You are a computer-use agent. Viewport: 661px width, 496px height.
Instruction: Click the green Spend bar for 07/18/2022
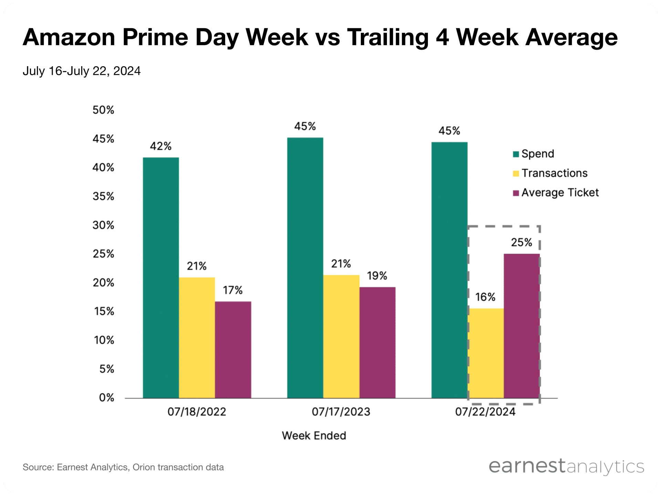[161, 278]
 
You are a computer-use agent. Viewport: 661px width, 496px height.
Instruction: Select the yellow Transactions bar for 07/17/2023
[341, 337]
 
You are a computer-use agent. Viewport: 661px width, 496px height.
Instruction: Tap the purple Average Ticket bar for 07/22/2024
[522, 326]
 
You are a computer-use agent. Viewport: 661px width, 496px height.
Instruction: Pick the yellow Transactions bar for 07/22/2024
[485, 353]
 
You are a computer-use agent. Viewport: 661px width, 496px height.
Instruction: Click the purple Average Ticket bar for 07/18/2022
[233, 350]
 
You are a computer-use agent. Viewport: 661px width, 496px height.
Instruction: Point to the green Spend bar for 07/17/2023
[305, 268]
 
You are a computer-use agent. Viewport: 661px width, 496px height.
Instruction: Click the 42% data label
[160, 146]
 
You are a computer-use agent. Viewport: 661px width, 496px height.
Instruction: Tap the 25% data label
[521, 242]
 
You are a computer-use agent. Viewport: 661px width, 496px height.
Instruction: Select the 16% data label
[485, 297]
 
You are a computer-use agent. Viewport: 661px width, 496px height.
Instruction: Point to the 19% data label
[377, 276]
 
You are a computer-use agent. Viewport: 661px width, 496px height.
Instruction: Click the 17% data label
[233, 290]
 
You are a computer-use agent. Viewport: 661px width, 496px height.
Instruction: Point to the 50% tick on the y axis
[103, 110]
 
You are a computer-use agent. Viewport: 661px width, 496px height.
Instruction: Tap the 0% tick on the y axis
[106, 397]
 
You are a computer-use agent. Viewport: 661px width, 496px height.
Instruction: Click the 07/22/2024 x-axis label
[485, 412]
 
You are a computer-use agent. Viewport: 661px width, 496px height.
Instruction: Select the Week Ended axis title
[314, 436]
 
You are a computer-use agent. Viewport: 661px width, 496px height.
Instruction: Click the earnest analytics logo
[566, 467]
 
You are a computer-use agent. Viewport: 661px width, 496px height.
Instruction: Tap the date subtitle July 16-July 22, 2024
[82, 71]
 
